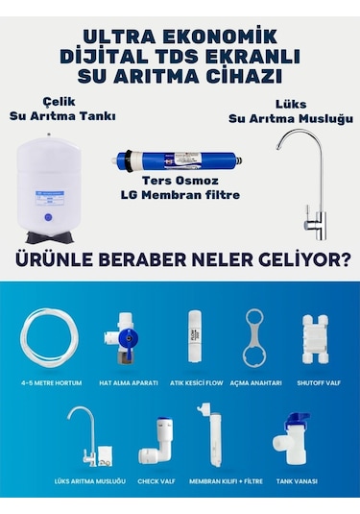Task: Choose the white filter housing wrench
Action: point(255,338)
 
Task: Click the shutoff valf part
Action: point(318,338)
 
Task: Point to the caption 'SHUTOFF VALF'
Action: point(318,382)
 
